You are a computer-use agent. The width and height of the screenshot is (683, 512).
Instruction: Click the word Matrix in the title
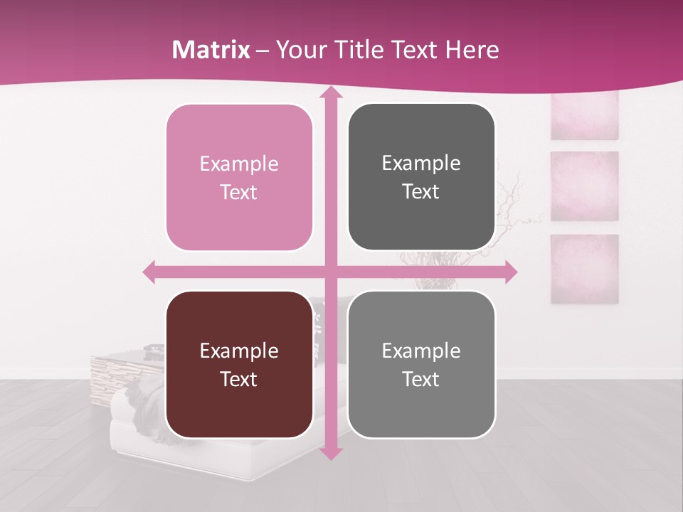tap(211, 50)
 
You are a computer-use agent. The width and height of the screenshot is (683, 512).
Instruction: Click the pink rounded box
tap(239, 177)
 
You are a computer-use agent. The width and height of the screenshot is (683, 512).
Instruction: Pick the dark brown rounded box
tap(239, 364)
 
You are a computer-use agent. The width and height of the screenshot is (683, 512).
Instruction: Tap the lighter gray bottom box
tap(421, 364)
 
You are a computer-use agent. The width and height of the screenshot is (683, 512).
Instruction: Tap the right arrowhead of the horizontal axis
tap(509, 272)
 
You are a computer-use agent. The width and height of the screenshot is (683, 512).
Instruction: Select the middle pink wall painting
tap(584, 186)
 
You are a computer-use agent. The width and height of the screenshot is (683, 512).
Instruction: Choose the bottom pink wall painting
tap(584, 269)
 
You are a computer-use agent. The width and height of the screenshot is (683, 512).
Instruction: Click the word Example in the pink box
tap(239, 164)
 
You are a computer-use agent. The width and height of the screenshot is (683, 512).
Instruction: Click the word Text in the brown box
tap(239, 379)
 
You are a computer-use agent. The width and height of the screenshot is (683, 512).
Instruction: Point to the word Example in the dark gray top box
tap(421, 163)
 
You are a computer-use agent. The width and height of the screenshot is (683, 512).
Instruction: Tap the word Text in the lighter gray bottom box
tap(421, 379)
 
